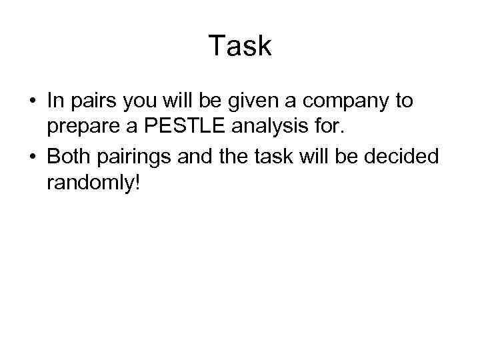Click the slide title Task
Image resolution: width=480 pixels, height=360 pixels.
click(x=240, y=46)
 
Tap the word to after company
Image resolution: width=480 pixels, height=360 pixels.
click(x=404, y=101)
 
